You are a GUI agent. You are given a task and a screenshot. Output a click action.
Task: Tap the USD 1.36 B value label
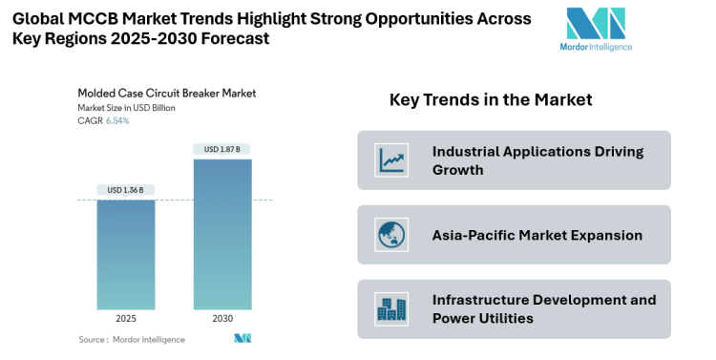pos(126,190)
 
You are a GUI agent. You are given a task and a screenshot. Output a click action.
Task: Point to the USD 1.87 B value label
pos(222,149)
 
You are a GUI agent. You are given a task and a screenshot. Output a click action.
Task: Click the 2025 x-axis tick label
pos(126,319)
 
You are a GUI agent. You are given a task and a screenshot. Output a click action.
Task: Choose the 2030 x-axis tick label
pos(222,319)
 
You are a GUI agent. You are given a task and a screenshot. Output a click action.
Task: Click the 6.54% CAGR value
pos(116,120)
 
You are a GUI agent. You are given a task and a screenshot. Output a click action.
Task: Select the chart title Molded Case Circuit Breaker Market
pos(166,94)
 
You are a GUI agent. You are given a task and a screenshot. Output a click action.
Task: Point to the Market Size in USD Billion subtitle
pos(127,108)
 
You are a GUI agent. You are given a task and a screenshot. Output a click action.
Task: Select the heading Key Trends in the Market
pos(491,100)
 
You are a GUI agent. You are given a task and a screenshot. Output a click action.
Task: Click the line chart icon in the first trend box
pos(391,159)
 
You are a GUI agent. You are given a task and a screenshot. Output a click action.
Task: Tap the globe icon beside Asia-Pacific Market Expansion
pos(391,235)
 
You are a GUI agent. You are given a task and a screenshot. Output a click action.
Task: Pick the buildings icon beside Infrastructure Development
pos(391,309)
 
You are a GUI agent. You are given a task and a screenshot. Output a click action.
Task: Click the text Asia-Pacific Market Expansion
pos(537,235)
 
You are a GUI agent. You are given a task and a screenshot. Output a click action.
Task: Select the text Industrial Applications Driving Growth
pos(537,160)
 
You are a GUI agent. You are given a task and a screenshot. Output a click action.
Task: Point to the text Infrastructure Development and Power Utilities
pos(544,308)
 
